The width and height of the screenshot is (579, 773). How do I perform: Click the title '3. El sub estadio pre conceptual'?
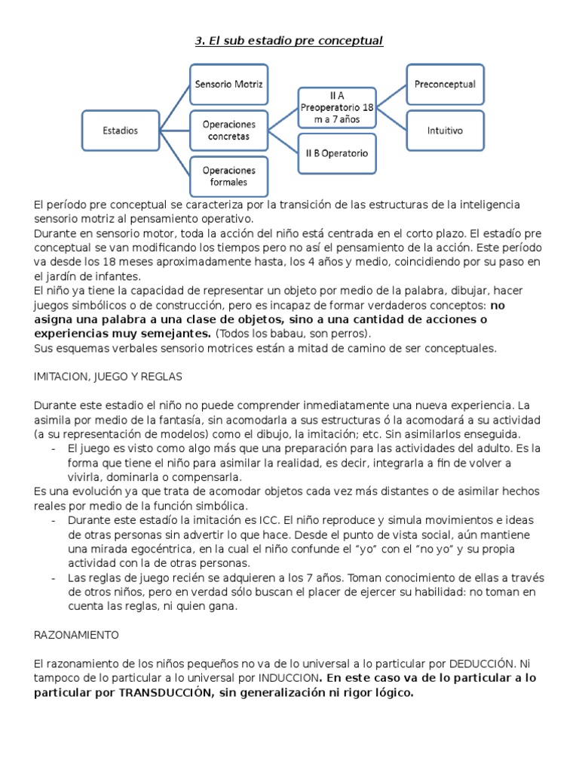click(x=289, y=40)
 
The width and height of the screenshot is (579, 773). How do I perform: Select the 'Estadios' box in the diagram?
click(x=121, y=131)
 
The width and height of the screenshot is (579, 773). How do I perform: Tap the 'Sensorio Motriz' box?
click(x=228, y=85)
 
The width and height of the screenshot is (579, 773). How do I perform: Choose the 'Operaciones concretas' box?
click(x=228, y=131)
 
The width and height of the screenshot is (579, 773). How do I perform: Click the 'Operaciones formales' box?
click(x=228, y=176)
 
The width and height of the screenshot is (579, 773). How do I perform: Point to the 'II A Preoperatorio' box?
click(x=336, y=108)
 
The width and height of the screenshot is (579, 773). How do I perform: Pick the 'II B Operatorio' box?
click(x=336, y=153)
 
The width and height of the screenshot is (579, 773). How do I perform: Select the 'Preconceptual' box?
click(x=445, y=85)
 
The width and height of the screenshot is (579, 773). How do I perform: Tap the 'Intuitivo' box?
click(x=445, y=131)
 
